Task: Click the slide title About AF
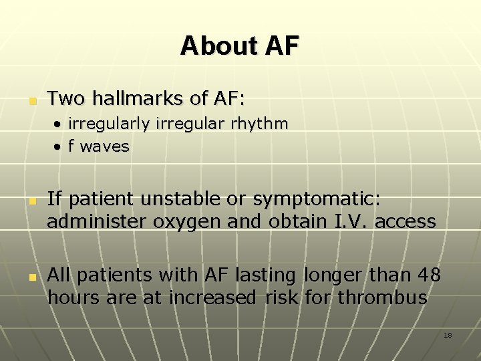(240, 45)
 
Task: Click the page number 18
(448, 335)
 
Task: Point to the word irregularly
(110, 124)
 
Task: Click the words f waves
(98, 146)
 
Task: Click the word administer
(92, 221)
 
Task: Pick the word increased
(211, 297)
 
